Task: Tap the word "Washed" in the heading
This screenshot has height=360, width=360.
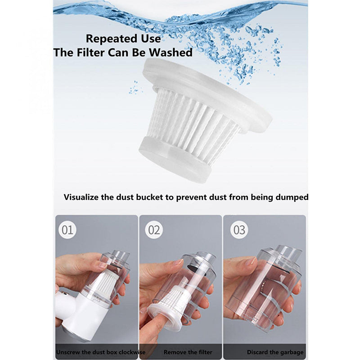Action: point(171,52)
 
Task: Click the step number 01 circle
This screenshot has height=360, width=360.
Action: point(67,230)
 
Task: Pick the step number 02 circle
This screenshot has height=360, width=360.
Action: point(154,230)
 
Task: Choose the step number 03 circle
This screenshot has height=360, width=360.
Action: point(239,230)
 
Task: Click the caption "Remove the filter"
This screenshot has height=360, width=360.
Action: point(188,352)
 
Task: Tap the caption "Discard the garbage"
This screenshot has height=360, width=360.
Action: point(275,352)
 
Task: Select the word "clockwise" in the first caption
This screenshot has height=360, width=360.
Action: point(132,352)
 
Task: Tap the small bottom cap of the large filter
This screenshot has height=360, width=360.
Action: point(175,160)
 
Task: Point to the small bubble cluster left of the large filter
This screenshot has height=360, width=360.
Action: point(135,87)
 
